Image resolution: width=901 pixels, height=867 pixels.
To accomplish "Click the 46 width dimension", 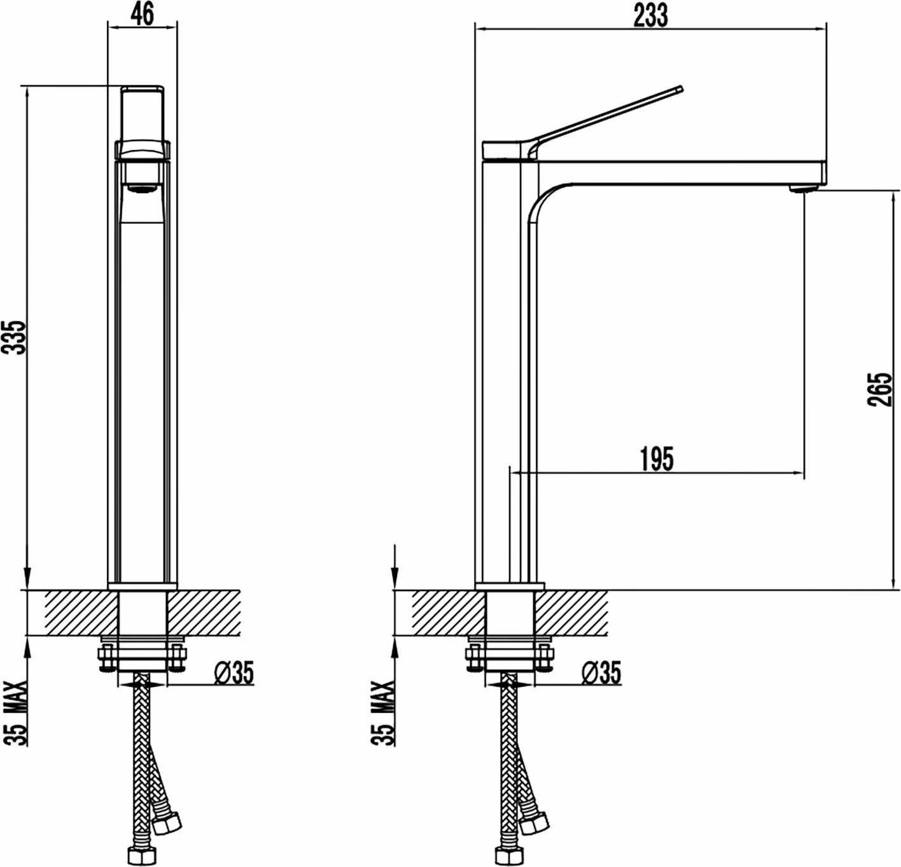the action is [x=142, y=16].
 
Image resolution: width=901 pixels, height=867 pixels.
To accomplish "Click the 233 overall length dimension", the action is [x=651, y=16].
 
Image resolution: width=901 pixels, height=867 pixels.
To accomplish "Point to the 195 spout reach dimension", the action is [x=657, y=459].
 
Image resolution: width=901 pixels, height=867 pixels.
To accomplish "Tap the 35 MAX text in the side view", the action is [x=384, y=713].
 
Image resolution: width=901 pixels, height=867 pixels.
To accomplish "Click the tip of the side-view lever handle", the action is [x=680, y=88].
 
